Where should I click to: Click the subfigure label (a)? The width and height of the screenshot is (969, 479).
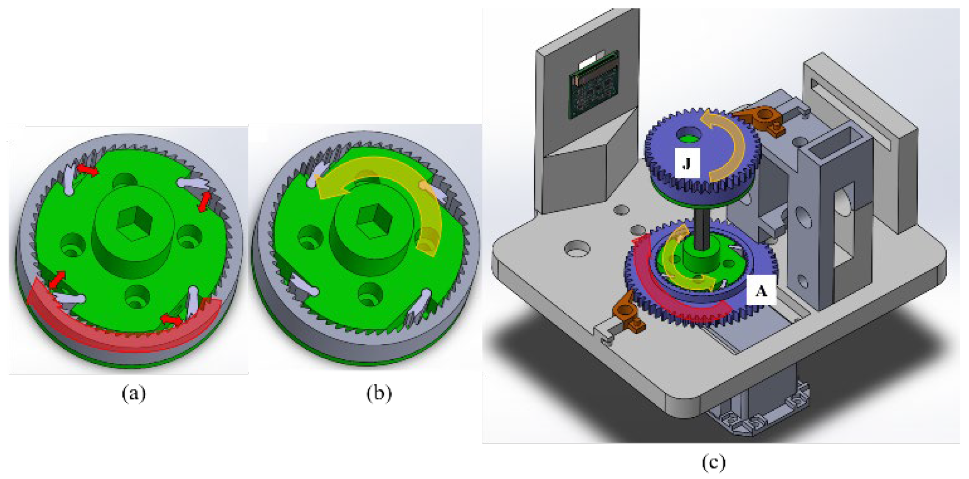coord(133,394)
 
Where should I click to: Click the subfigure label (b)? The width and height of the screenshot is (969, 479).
coord(379,394)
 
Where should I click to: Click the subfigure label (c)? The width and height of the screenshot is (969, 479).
coord(713,462)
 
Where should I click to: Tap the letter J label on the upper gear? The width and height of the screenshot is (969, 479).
coord(687,163)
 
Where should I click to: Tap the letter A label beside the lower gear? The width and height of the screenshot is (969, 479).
coord(761,291)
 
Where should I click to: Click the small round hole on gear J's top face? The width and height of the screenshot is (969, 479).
coord(690,135)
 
